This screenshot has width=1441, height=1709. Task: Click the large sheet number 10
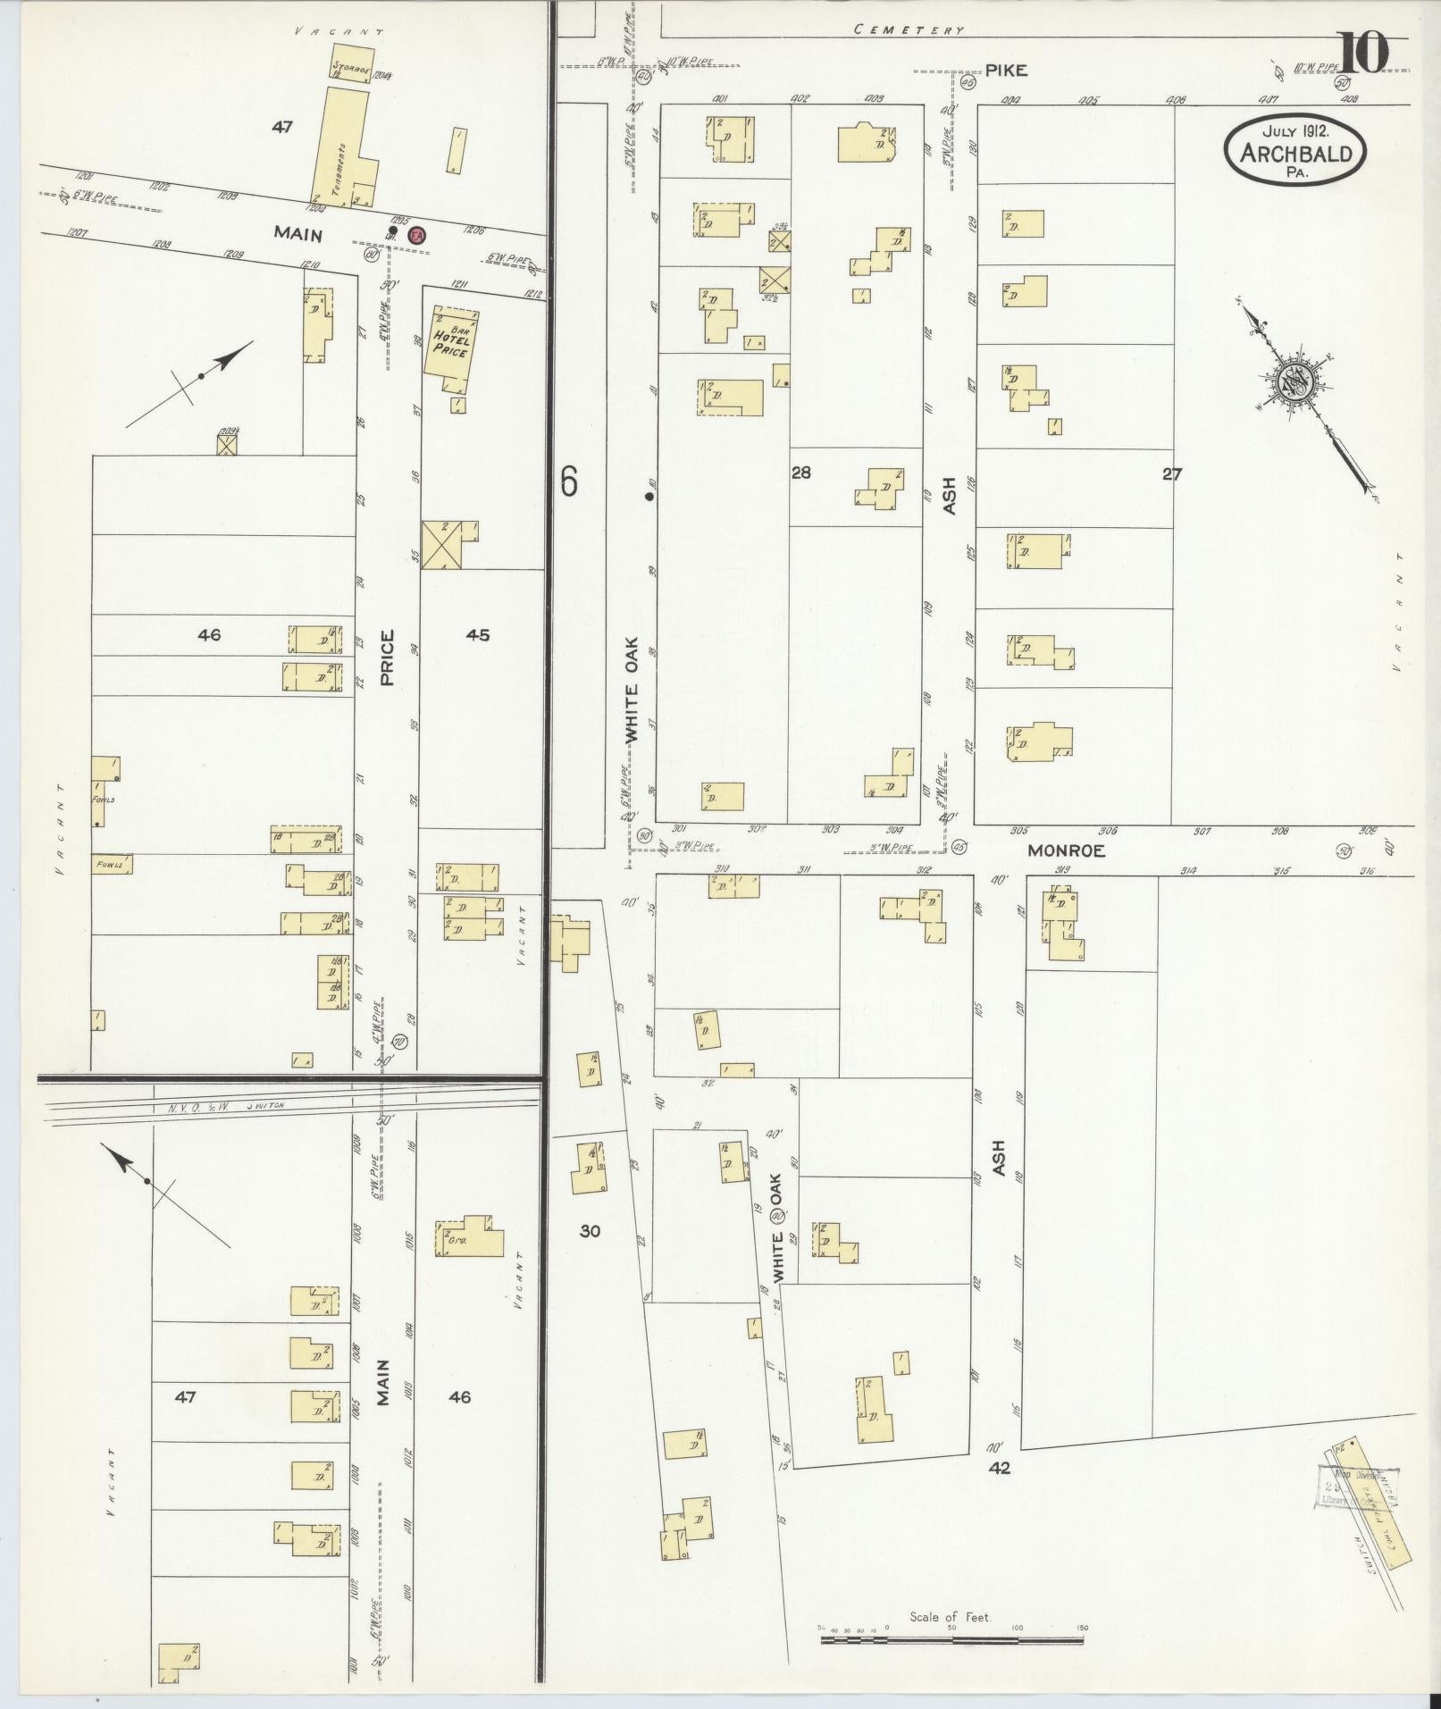[x=1363, y=52]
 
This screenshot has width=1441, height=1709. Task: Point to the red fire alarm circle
[x=416, y=234]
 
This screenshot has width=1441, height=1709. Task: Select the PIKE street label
[x=1007, y=71]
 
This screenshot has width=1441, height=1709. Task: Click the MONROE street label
[x=1066, y=851]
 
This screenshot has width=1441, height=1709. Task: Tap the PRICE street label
[x=388, y=658]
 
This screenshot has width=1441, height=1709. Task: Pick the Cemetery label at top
[x=909, y=29]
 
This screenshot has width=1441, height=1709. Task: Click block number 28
[x=801, y=473]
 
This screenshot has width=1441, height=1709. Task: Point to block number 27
[x=1172, y=474]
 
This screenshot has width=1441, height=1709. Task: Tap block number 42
[x=999, y=1468]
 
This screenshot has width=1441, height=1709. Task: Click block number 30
[x=589, y=1230]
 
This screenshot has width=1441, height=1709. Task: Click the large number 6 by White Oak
[x=568, y=482]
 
